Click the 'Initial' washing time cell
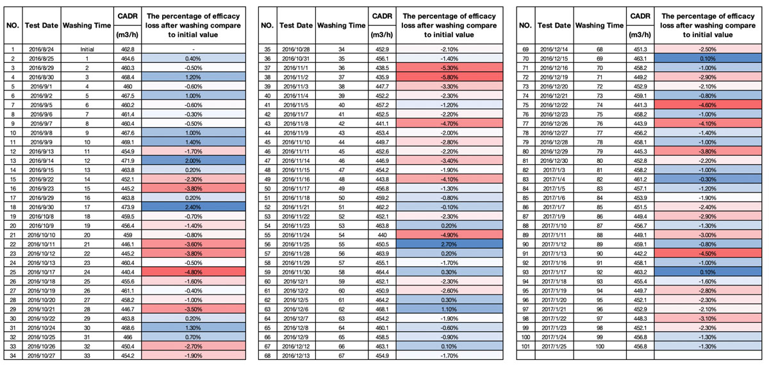coord(87,49)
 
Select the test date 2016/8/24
coord(41,49)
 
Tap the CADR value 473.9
coord(128,207)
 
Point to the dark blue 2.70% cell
coord(449,244)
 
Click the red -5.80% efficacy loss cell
coord(449,77)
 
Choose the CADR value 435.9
coord(382,77)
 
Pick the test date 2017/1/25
coord(554,346)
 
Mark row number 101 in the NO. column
coord(525,346)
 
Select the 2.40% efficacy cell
coord(194,207)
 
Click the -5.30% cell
coord(449,68)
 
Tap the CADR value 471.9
coord(128,160)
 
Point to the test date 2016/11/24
coord(296,235)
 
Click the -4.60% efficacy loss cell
coord(707,105)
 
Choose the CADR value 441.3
coord(640,105)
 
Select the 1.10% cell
coord(449,309)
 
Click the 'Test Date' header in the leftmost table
coord(42,26)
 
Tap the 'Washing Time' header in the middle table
coord(341,26)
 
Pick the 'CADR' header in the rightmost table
coord(640,16)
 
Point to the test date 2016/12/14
coord(554,49)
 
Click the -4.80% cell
coord(194,272)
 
